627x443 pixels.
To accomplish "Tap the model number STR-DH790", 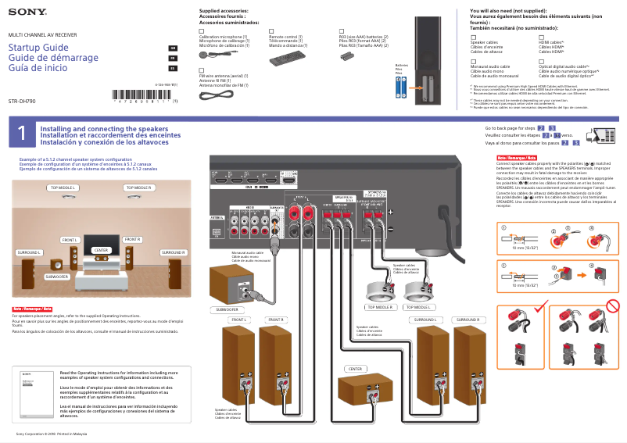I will pyautogui.click(x=23, y=102).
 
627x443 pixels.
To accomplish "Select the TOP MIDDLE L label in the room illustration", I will pyautogui.click(x=63, y=188).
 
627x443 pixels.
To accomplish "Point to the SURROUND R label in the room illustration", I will pyautogui.click(x=174, y=253).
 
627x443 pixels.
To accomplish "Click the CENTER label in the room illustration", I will pyautogui.click(x=101, y=250).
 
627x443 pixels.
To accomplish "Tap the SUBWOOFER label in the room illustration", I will pyautogui.click(x=57, y=277).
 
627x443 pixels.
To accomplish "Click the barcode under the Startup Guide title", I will pyautogui.click(x=142, y=101).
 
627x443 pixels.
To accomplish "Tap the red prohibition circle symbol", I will pyautogui.click(x=614, y=305).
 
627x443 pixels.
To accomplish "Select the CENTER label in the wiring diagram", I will pyautogui.click(x=356, y=368).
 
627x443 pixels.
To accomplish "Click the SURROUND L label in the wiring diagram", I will pyautogui.click(x=425, y=320).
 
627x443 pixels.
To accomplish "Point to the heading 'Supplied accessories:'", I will pyautogui.click(x=224, y=11).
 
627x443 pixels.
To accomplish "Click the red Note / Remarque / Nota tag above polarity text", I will pyautogui.click(x=511, y=158).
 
